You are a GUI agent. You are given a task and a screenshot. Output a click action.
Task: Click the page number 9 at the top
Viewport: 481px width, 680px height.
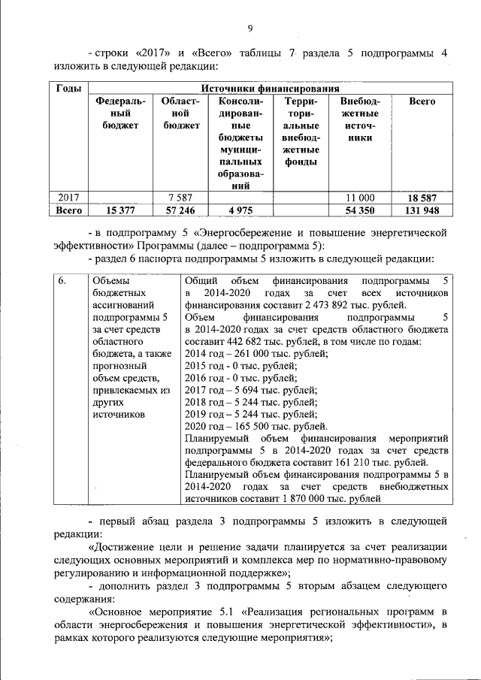(x=251, y=29)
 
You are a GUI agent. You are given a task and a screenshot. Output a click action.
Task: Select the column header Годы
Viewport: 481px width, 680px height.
(x=70, y=88)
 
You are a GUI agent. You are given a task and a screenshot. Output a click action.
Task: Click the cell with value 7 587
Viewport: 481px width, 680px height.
(x=181, y=198)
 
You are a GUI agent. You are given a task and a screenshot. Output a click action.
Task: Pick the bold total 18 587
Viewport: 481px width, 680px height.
(x=422, y=198)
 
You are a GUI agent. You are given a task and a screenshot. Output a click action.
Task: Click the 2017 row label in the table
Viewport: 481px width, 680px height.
(x=69, y=198)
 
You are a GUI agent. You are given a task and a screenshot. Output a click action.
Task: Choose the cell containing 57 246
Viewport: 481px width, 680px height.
(x=181, y=211)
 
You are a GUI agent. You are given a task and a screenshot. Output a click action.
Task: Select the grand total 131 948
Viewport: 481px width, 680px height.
(x=422, y=211)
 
